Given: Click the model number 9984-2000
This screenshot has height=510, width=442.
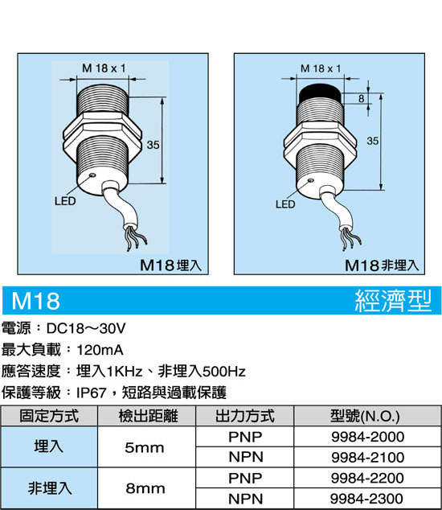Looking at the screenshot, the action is coord(367,437).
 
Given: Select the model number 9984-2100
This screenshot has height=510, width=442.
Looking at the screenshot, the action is coord(367,457).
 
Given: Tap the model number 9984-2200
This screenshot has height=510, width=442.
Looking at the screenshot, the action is coord(367,478).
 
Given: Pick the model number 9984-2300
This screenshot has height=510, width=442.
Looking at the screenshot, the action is coord(367,498).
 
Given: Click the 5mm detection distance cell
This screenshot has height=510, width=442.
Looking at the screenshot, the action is coord(145,447).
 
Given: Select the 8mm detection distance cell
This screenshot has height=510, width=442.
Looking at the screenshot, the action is coord(145,488).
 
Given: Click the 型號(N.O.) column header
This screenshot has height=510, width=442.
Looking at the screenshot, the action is coord(365,416).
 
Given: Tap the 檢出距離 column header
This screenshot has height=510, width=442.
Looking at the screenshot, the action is coord(148,416).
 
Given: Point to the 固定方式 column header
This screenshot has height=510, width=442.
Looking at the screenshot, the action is coord(49,416).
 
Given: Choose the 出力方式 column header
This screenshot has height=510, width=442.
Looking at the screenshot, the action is coord(245,416).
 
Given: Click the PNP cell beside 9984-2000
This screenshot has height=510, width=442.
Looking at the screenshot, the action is coord(245,437).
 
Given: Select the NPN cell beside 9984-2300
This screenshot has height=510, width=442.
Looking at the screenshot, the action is coord(246,498).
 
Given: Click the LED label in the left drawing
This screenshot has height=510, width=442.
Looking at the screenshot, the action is coord(65,201).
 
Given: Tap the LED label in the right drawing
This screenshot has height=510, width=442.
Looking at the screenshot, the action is coord(285,204).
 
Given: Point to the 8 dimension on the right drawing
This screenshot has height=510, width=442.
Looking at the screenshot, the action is coord(362,99).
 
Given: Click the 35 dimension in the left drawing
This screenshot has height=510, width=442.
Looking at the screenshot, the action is coord(153,145).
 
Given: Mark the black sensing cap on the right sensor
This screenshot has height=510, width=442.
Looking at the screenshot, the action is coord(320,93).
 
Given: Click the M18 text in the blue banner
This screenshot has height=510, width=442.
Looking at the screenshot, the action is coord(35,301).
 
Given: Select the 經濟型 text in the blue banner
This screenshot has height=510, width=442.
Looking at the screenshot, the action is coord(393,301).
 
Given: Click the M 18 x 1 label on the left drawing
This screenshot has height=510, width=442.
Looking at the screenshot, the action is coord(104,68).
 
